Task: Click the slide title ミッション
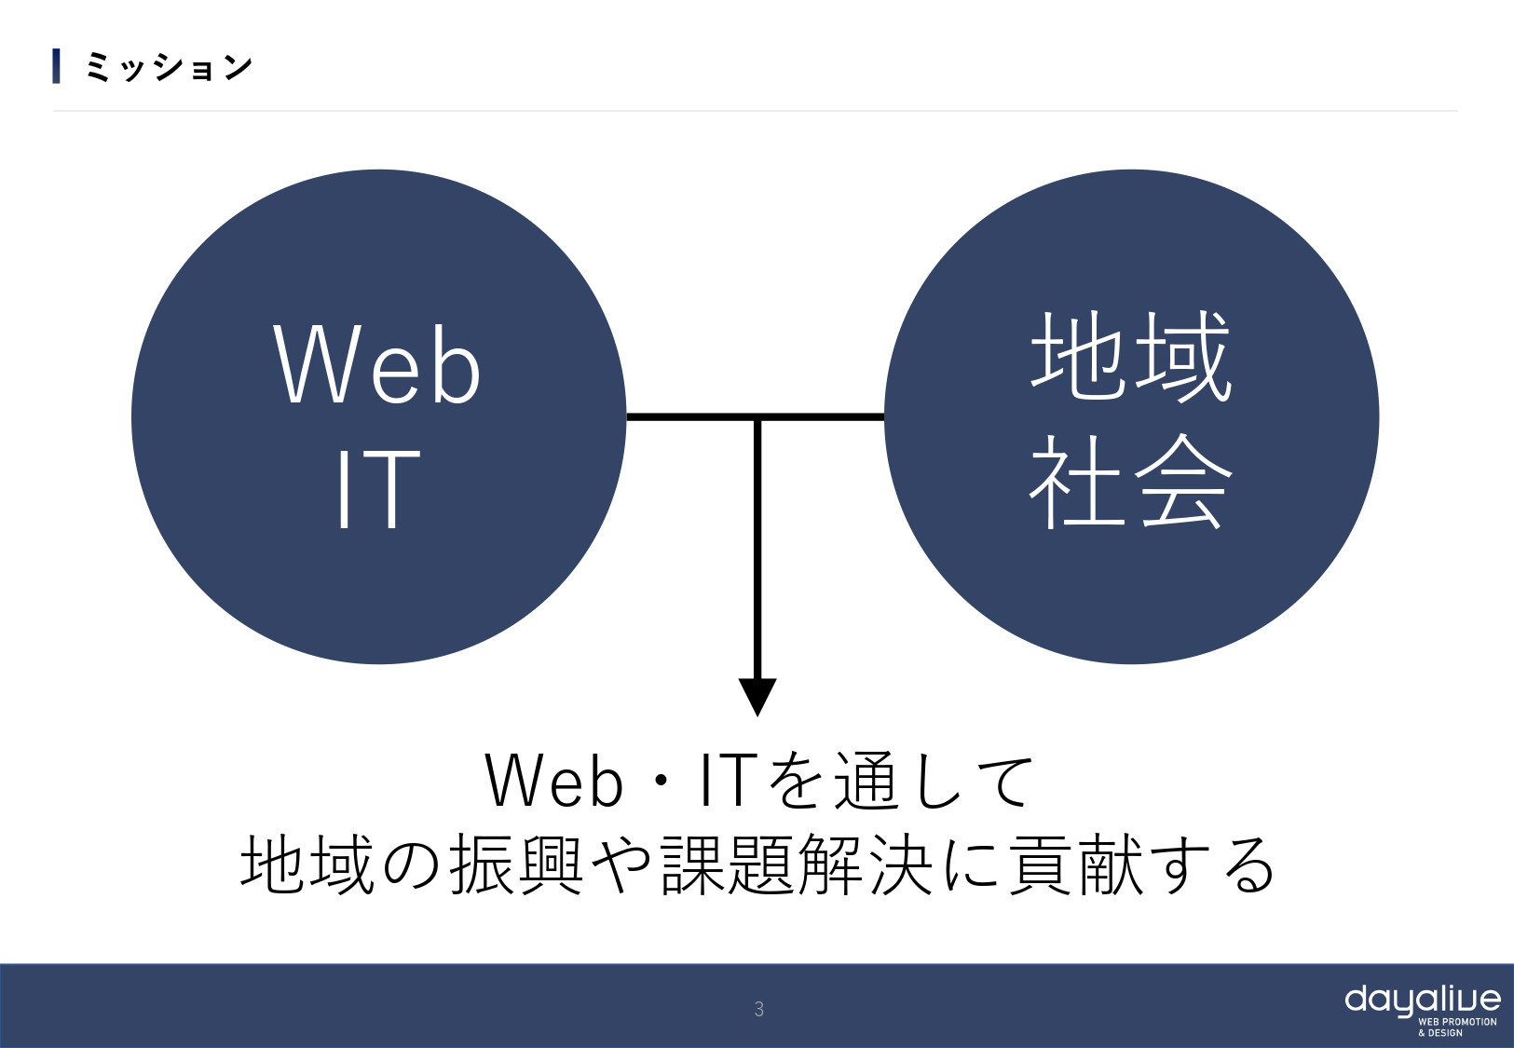(169, 67)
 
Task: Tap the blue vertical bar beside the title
(57, 67)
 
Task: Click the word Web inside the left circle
(377, 365)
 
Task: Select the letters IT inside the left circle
(377, 489)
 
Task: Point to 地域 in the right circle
(1131, 357)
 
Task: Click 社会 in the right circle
(1131, 482)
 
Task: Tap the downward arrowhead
(757, 695)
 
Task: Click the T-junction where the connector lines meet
(757, 416)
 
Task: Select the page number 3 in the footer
(758, 1009)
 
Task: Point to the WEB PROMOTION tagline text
(1457, 1022)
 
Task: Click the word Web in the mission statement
(553, 782)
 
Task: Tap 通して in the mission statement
(933, 782)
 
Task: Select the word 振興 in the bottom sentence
(517, 864)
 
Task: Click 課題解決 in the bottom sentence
(797, 864)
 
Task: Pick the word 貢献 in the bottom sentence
(1076, 864)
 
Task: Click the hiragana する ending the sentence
(1216, 864)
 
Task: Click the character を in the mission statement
(797, 782)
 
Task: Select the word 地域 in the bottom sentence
(307, 864)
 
